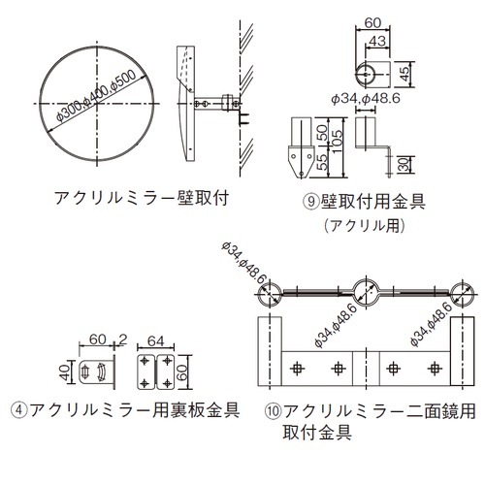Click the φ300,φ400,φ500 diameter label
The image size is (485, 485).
click(96, 96)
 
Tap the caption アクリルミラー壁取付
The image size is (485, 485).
click(142, 198)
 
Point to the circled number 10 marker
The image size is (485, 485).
click(274, 411)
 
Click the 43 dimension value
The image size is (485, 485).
click(377, 41)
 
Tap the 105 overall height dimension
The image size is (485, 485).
click(337, 142)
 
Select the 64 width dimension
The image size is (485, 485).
click(155, 341)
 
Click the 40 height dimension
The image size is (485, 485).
click(65, 372)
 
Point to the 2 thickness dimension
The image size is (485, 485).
click(123, 339)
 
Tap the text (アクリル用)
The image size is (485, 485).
click(365, 225)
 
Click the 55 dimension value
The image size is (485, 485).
click(321, 162)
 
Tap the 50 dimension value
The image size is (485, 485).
click(321, 132)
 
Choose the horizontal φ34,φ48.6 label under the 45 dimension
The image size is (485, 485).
click(366, 98)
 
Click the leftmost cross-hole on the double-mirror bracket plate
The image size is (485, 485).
click(297, 369)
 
